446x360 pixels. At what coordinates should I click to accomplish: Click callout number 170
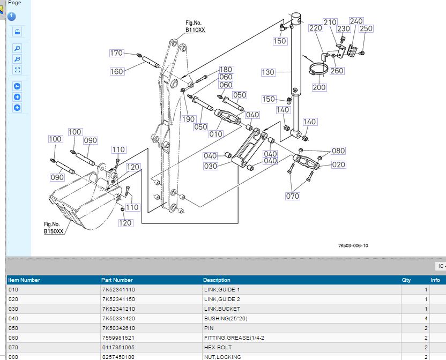tap(116, 53)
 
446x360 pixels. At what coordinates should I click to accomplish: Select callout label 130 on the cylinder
tap(268, 72)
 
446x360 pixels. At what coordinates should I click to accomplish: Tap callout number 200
tap(319, 87)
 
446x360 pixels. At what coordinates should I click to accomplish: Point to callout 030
tap(211, 166)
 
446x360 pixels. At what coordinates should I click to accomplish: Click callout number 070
tap(292, 196)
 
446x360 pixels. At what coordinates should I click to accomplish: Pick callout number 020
tap(339, 164)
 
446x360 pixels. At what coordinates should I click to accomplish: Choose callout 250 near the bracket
tap(366, 29)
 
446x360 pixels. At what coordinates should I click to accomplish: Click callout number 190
tap(189, 119)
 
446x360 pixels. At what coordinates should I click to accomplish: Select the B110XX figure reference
tap(195, 30)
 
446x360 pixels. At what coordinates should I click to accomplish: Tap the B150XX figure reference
tap(54, 231)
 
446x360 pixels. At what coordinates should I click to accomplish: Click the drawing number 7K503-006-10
tap(353, 246)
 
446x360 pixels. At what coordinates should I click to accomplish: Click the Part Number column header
tap(117, 280)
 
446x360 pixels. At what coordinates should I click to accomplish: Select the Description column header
tap(217, 280)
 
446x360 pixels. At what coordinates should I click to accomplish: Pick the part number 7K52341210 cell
tap(118, 309)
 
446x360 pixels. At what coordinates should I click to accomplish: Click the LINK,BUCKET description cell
tap(222, 309)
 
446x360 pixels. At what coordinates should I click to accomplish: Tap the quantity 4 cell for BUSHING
tap(426, 318)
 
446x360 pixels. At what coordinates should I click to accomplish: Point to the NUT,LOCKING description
tap(222, 357)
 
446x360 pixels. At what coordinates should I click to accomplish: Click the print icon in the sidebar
tap(17, 32)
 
